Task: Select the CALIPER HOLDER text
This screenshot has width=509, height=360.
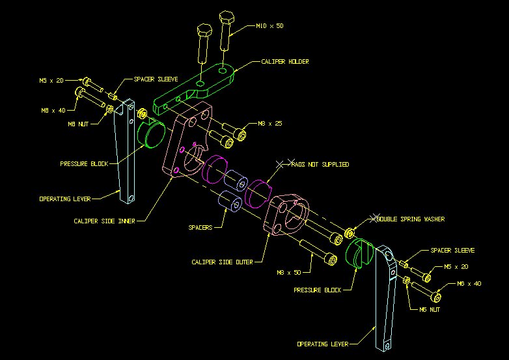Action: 284,62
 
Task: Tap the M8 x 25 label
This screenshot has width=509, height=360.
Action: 271,123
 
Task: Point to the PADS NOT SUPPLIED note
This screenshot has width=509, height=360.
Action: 320,164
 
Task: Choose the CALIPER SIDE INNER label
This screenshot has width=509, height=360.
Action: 104,221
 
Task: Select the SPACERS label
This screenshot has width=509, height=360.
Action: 200,228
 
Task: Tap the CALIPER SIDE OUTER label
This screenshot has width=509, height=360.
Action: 222,262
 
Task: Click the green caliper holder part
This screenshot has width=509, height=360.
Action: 195,85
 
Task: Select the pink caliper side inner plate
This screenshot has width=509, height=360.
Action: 189,140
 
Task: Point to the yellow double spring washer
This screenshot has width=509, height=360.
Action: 350,232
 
